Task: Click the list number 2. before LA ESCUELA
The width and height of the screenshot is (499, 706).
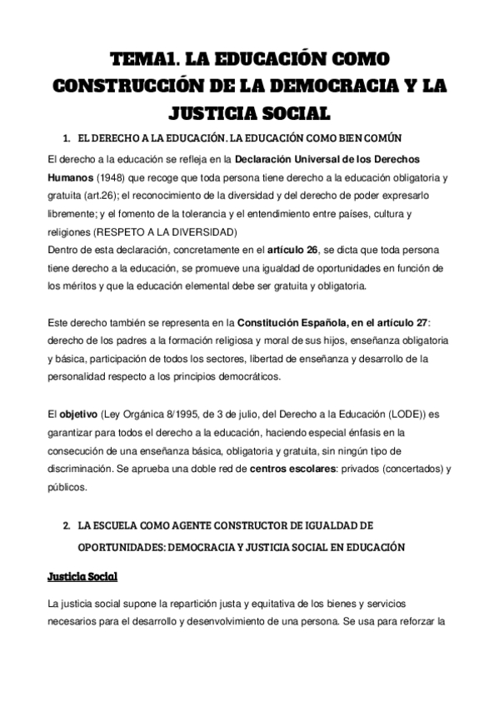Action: [67, 527]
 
